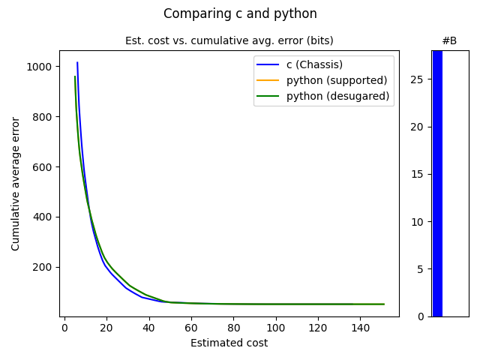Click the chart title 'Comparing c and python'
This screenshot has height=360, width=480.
pos(240,13)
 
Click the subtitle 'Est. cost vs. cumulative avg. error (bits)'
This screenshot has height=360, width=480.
pos(229,40)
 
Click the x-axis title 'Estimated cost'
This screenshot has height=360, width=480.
pos(229,343)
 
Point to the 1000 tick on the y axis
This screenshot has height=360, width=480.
pos(42,67)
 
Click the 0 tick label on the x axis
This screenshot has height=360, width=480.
pos(64,327)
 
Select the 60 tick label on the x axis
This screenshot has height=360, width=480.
pos(191,327)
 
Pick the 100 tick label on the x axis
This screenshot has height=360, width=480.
pos(276,327)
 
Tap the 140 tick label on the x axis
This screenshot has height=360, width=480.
pos(361,327)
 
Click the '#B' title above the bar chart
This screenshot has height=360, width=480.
pos(449,40)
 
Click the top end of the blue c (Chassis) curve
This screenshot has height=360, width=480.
pos(77,63)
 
